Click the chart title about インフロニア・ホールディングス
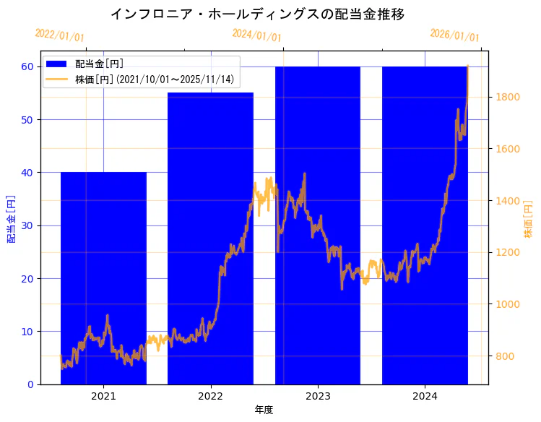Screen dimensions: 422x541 (x=257, y=14)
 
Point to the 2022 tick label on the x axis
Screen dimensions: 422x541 (x=210, y=396)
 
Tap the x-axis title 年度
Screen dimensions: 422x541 (x=264, y=410)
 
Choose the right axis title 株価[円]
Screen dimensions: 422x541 (x=528, y=220)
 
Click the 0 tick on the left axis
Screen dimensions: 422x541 (x=31, y=384)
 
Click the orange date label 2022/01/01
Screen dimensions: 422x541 (x=59, y=35)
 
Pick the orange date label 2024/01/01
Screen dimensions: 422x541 (x=256, y=34)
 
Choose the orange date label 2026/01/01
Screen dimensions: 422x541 (x=454, y=35)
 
